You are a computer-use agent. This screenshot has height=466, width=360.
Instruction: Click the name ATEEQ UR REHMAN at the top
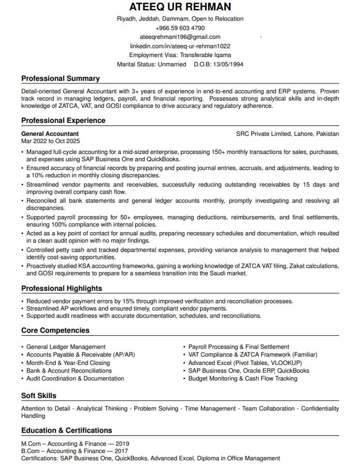(180, 7)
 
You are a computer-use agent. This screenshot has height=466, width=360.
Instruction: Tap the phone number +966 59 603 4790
(180, 28)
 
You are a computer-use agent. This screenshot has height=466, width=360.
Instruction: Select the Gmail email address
(180, 37)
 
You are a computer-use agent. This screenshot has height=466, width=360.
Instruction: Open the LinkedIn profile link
(180, 46)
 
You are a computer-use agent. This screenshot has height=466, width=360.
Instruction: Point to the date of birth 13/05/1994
(226, 64)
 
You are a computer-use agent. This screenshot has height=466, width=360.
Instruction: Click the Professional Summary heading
(60, 78)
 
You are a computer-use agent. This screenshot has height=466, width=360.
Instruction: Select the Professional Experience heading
(63, 120)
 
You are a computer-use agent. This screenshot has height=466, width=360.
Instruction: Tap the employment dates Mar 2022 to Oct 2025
(50, 140)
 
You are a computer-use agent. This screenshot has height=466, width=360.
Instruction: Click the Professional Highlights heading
(62, 288)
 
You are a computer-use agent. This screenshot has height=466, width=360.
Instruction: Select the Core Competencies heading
(55, 330)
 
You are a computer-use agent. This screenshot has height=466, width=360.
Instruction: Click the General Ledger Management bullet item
(66, 347)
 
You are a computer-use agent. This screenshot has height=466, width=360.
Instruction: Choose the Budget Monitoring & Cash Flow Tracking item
(242, 378)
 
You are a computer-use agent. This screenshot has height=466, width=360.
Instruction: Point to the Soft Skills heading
(39, 396)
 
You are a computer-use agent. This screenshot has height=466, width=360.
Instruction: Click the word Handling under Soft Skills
(33, 416)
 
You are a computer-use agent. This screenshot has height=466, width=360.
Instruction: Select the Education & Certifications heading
(67, 430)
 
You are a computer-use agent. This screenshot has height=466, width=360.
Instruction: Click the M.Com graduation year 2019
(122, 444)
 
